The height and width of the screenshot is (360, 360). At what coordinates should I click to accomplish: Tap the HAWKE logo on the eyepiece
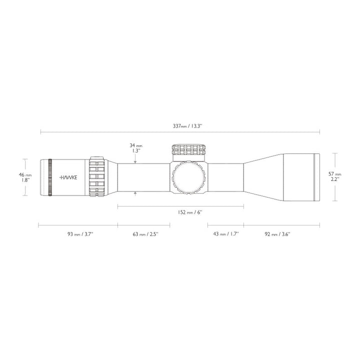point(69,177)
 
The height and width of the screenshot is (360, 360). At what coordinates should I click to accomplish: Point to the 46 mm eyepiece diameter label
point(25,175)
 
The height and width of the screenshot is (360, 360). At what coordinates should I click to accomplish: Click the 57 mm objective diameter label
point(334,173)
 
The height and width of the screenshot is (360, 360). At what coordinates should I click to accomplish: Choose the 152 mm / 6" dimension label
point(189,212)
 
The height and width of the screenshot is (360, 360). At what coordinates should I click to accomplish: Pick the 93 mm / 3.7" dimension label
point(77,233)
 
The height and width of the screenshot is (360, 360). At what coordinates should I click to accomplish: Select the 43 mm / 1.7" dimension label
point(225,233)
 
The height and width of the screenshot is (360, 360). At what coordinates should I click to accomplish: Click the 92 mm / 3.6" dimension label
point(278,233)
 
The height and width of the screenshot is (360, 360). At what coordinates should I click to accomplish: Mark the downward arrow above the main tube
point(135,160)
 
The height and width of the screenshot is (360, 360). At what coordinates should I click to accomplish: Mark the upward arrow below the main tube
point(135,193)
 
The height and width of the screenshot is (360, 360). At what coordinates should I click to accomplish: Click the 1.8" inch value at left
point(25,180)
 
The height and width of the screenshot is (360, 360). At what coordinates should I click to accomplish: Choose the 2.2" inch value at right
point(334,179)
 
